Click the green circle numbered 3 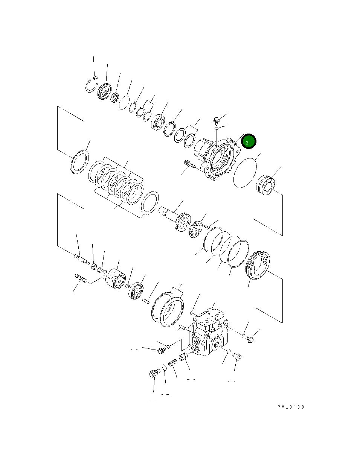pyautogui.click(x=248, y=142)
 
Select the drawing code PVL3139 pyautogui.click(x=291, y=407)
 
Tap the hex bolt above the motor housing pyautogui.click(x=217, y=121)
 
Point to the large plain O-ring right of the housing pyautogui.click(x=245, y=172)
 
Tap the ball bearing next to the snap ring pyautogui.click(x=104, y=93)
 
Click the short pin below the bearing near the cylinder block pyautogui.click(x=146, y=300)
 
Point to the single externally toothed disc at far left pyautogui.click(x=79, y=162)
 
